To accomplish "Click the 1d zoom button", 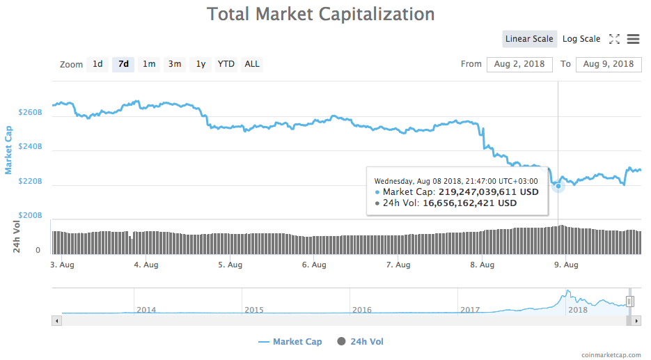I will click(97, 64).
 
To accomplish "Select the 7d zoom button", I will click(123, 64).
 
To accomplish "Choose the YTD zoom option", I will click(226, 64).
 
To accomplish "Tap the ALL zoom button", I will click(252, 64).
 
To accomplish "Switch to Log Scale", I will click(581, 39).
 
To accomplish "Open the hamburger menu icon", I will click(633, 39).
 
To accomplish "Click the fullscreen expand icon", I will click(614, 39).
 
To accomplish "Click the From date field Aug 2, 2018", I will click(519, 64).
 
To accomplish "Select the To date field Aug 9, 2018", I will click(609, 64).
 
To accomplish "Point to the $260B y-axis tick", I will click(31, 112).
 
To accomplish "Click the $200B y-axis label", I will click(31, 216).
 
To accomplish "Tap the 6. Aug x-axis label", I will click(315, 265).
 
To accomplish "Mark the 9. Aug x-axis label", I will click(566, 265).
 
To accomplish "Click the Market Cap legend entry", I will click(290, 342).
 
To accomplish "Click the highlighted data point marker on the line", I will click(558, 186).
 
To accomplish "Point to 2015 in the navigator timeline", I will click(254, 310).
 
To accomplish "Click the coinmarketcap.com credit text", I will click(611, 354).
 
